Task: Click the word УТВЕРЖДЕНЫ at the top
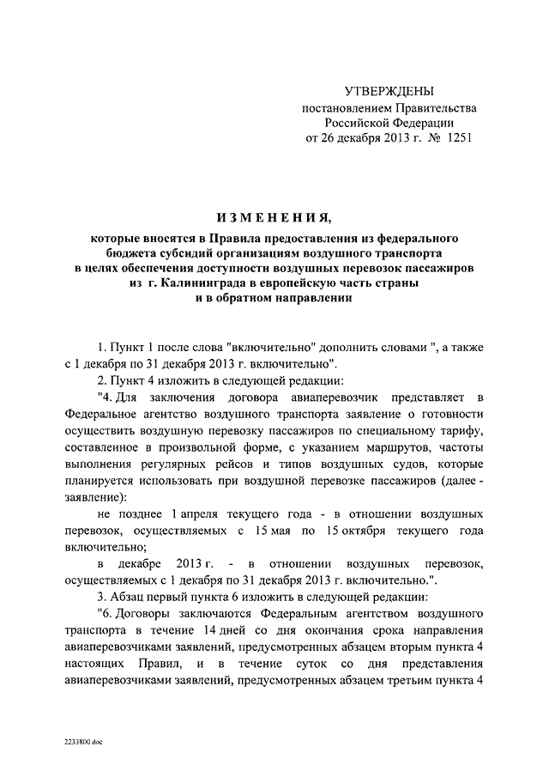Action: (389, 90)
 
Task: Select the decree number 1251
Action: (458, 137)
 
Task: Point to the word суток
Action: (287, 665)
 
